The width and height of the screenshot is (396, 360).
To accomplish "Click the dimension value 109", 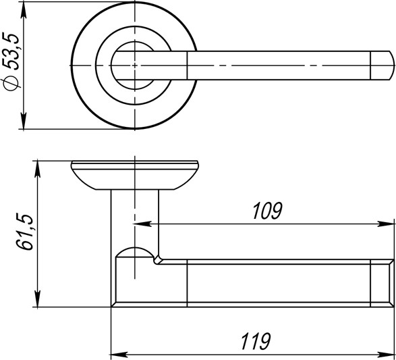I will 266,211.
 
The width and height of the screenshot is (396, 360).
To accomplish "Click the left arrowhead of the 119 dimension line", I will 115,353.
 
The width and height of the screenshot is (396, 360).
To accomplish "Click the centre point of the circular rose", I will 135,65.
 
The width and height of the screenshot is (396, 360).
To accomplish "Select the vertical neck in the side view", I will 135,216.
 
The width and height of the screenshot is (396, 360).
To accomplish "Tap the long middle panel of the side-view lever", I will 277,284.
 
